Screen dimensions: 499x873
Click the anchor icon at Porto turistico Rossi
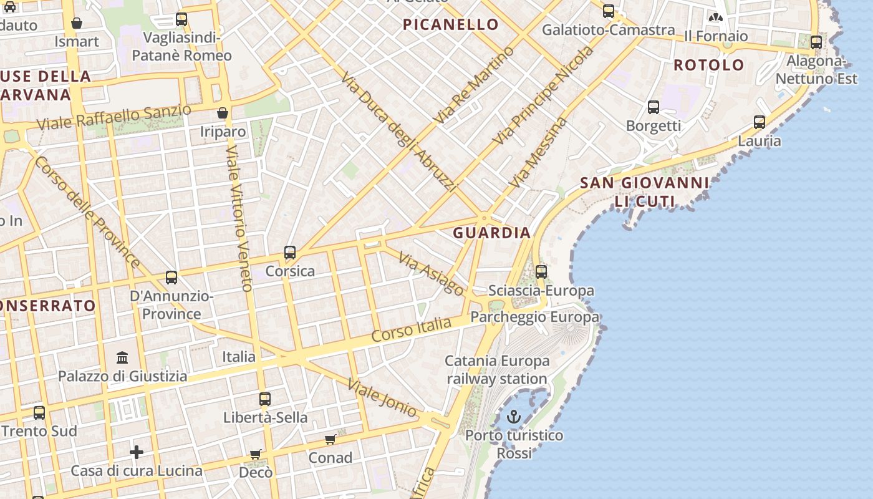pos(514,416)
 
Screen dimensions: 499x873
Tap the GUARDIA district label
pos(492,233)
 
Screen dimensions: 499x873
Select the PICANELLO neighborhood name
pos(451,25)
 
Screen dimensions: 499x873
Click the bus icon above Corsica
pos(290,253)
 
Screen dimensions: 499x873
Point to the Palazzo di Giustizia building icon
pos(122,358)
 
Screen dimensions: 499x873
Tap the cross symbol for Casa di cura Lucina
pos(137,452)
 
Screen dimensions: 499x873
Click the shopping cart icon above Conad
pos(330,440)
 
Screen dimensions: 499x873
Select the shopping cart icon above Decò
pos(256,454)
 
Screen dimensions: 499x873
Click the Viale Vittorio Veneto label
pos(239,218)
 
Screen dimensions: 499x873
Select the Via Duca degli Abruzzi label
pos(400,131)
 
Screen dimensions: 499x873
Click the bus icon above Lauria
pos(760,122)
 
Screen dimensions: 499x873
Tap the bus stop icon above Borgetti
pos(654,107)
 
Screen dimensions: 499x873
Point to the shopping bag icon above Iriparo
pos(223,113)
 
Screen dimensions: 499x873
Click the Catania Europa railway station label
pos(497,370)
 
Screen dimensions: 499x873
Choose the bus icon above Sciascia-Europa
pos(541,272)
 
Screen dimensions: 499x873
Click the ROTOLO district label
pos(709,65)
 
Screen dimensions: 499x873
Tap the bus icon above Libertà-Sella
pos(265,399)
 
